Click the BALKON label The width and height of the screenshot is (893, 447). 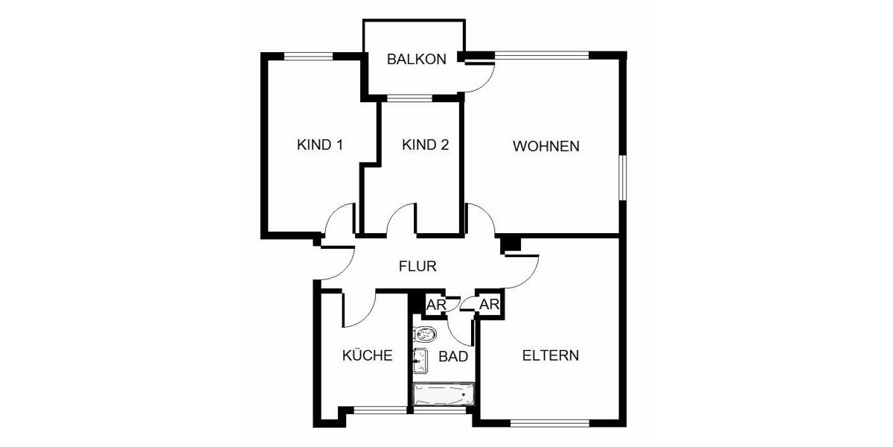coord(416,60)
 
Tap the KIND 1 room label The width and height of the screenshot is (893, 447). coord(319,145)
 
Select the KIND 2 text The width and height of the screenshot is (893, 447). coord(425,145)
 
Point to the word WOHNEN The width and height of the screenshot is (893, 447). coord(545,146)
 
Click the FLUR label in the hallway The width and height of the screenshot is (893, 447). coord(417,266)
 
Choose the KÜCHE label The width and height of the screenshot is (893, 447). coord(367,356)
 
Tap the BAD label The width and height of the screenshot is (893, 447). coord(453,357)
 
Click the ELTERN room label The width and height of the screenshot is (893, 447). coord(550,355)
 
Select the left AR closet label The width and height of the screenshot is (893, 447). coord(435,305)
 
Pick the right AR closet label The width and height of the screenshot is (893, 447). coord(488,305)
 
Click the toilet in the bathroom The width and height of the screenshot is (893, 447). coord(425,335)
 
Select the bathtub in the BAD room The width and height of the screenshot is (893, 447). coord(444,394)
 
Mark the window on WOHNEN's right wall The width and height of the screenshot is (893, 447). coord(623,177)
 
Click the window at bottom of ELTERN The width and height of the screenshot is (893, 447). coord(549,423)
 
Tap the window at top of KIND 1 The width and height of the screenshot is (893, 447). coord(308,55)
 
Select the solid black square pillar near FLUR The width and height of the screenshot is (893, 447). coord(510,244)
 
